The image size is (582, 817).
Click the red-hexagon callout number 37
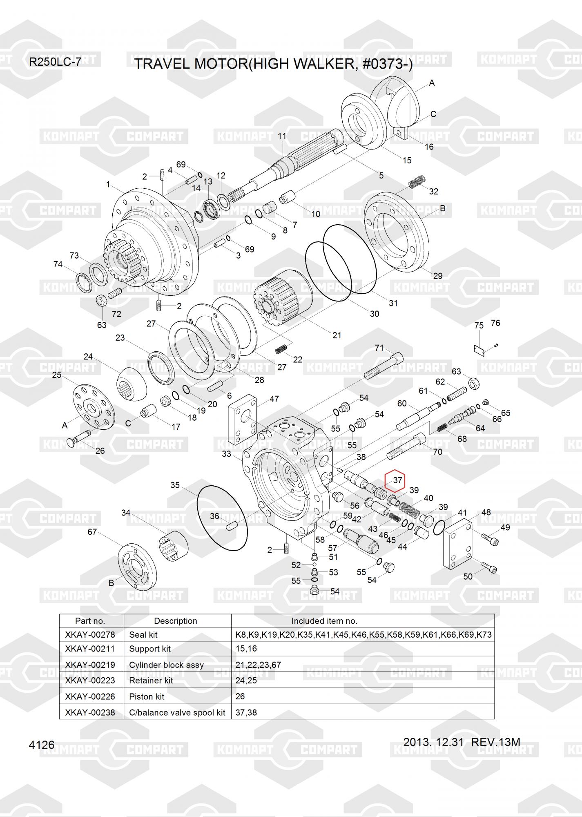click(x=397, y=480)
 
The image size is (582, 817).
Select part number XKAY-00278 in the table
click(x=90, y=634)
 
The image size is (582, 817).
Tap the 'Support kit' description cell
click(x=150, y=649)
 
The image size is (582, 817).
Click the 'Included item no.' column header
click(x=324, y=621)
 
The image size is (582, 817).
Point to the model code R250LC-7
click(x=55, y=62)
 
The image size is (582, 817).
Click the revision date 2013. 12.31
click(x=433, y=742)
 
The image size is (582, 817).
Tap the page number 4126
click(x=42, y=745)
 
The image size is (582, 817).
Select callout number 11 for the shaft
click(x=282, y=136)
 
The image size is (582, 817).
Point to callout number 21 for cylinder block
click(x=337, y=335)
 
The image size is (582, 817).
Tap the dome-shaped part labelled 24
click(x=133, y=383)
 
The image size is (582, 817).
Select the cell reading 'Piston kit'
click(x=147, y=696)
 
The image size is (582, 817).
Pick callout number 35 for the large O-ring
click(x=175, y=485)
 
